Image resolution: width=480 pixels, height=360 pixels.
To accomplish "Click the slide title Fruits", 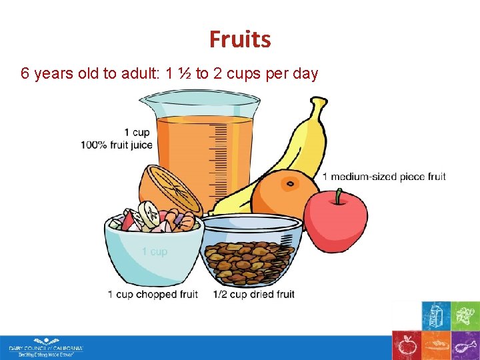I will (240, 39).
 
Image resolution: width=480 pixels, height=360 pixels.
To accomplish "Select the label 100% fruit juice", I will (117, 145).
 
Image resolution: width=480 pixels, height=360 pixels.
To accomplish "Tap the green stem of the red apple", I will (339, 195).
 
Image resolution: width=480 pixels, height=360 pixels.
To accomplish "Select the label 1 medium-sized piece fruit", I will (384, 177).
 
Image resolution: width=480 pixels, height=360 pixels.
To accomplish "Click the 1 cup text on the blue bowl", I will (155, 251).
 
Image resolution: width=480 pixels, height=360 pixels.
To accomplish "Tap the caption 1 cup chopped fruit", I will (153, 294).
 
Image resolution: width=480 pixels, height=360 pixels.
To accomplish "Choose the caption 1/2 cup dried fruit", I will (254, 294).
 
